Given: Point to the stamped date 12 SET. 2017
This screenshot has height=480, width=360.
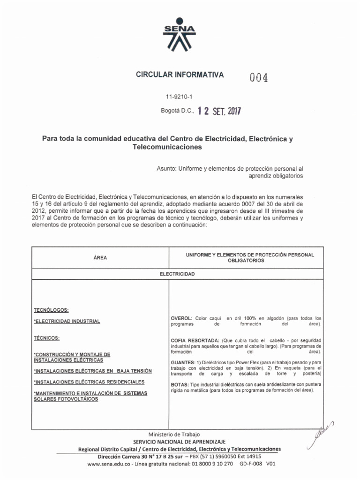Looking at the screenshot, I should click(x=220, y=111).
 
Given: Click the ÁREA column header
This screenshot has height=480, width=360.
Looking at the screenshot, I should click(x=100, y=258).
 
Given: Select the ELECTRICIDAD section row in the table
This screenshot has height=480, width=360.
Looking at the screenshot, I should click(x=177, y=273).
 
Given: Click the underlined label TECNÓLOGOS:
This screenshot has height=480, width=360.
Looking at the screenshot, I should click(x=51, y=310).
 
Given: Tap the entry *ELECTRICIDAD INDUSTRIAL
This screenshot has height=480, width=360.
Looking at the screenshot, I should click(x=67, y=322).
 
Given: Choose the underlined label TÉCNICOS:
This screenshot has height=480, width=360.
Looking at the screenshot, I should click(x=47, y=337).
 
